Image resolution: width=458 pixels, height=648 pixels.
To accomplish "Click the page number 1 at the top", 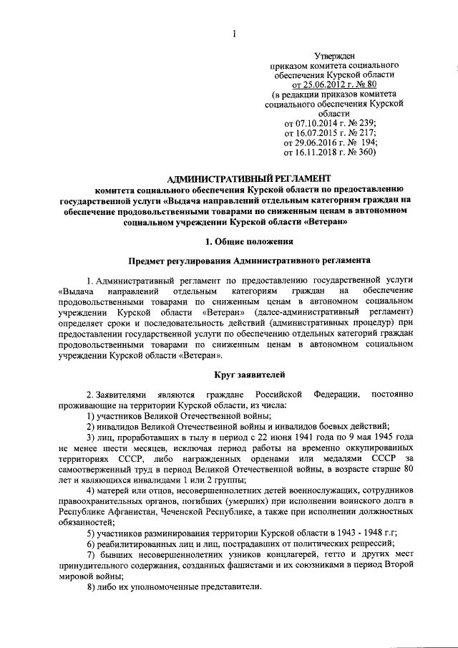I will tap(234, 32).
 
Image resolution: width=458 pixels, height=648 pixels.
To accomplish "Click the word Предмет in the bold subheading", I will tap(147, 263).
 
